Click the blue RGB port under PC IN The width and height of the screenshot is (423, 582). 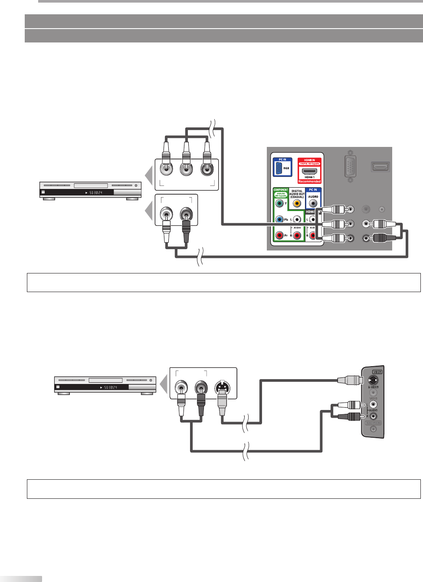coord(279,168)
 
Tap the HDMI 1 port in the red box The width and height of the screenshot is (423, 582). coord(309,171)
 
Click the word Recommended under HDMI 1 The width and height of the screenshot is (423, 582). coord(309,182)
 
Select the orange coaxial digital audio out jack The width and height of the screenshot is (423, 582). coord(297,203)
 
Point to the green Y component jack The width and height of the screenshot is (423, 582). coord(280,203)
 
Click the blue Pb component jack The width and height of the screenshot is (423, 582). coord(280,220)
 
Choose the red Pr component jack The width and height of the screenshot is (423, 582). coord(280,235)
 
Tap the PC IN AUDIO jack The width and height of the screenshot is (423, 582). coord(313,203)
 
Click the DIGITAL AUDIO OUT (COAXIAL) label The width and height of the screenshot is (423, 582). coord(297,194)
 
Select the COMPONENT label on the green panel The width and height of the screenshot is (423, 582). coord(281,190)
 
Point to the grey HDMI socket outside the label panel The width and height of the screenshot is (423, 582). coord(380,166)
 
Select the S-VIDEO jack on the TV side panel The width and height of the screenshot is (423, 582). coord(373,380)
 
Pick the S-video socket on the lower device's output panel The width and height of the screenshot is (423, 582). coord(222,387)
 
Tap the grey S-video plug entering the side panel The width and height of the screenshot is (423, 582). coord(350,380)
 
